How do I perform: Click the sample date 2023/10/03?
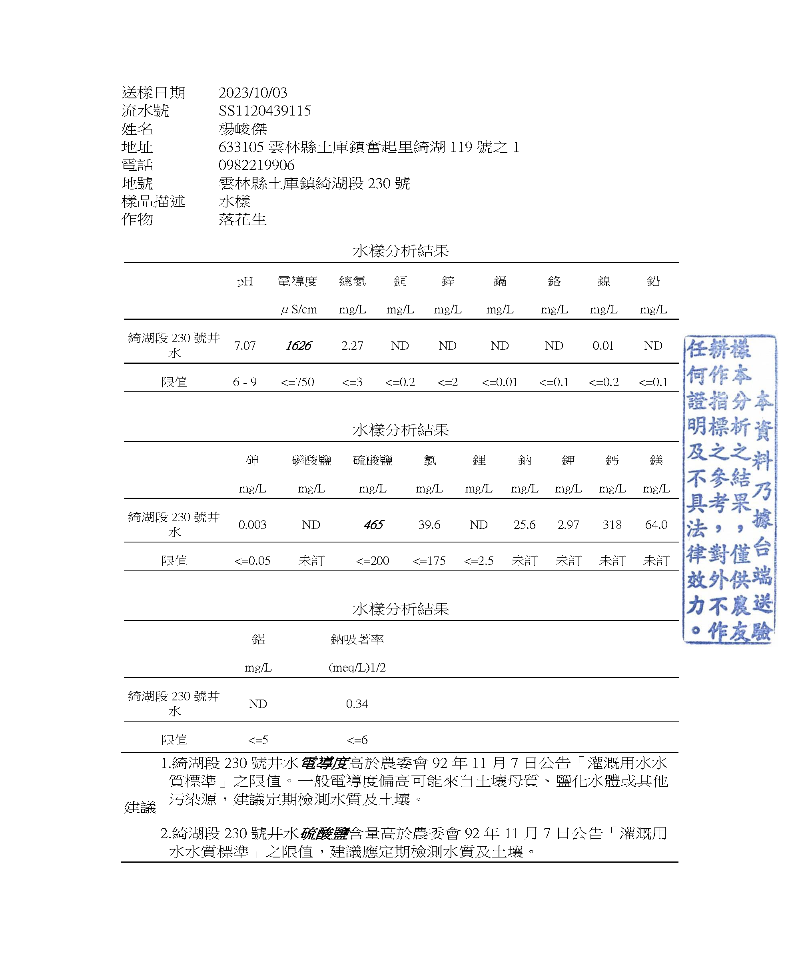pyautogui.click(x=253, y=93)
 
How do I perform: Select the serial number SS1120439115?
pyautogui.click(x=265, y=111)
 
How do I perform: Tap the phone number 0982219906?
pyautogui.click(x=256, y=165)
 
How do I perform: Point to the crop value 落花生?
pyautogui.click(x=242, y=219)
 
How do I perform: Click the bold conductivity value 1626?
pyautogui.click(x=298, y=346)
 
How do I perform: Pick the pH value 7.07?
pyautogui.click(x=245, y=346)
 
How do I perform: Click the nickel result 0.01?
pyautogui.click(x=603, y=346)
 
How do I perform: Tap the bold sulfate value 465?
pyautogui.click(x=373, y=524)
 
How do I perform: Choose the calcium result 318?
pyautogui.click(x=612, y=524)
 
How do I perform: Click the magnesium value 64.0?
pyautogui.click(x=656, y=524)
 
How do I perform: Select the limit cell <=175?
pyautogui.click(x=429, y=561)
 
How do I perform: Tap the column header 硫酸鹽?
pyautogui.click(x=372, y=460)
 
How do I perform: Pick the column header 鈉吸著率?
pyautogui.click(x=357, y=639)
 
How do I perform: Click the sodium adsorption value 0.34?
pyautogui.click(x=357, y=704)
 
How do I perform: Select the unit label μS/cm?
pyautogui.click(x=299, y=309)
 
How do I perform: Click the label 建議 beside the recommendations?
pyautogui.click(x=140, y=808)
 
